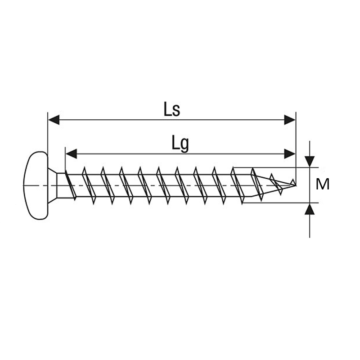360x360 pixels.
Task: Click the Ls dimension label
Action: click(x=172, y=109)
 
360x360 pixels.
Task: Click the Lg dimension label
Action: click(x=180, y=144)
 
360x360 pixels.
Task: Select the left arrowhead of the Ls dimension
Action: click(x=54, y=120)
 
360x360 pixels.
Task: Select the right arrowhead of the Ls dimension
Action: click(x=290, y=120)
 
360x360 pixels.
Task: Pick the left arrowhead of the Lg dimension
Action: click(x=71, y=153)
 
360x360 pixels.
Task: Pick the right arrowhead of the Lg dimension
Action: click(x=290, y=153)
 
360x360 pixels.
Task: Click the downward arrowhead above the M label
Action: click(x=310, y=162)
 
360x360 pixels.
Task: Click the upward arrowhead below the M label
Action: click(x=310, y=209)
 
